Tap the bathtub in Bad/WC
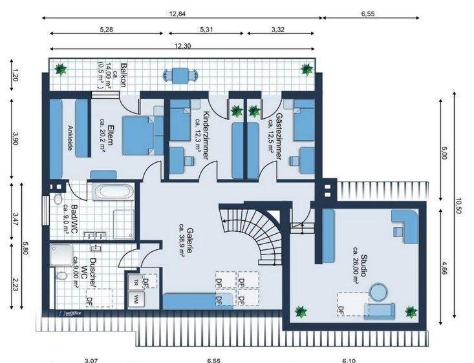[113, 192]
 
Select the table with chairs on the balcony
[180, 74]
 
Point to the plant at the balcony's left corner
[61, 68]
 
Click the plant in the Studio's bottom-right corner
[410, 312]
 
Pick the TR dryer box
[136, 283]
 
